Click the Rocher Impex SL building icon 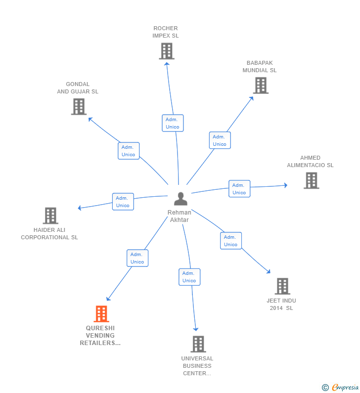pyautogui.click(x=167, y=51)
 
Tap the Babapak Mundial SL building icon pyautogui.click(x=261, y=86)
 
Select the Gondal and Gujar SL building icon pyautogui.click(x=79, y=106)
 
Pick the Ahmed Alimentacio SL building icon pyautogui.click(x=311, y=180)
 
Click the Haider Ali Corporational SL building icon pyautogui.click(x=50, y=216)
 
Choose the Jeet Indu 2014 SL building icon pyautogui.click(x=282, y=286)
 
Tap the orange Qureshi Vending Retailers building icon pyautogui.click(x=101, y=314)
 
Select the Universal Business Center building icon pyautogui.click(x=198, y=344)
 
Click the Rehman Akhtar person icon pyautogui.click(x=180, y=199)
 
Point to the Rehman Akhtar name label pyautogui.click(x=180, y=216)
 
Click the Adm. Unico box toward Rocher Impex pyautogui.click(x=173, y=123)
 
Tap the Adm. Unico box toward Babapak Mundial pyautogui.click(x=220, y=140)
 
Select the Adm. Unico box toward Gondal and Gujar pyautogui.click(x=129, y=151)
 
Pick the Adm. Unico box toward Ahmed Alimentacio pyautogui.click(x=239, y=189)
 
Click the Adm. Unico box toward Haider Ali pyautogui.click(x=123, y=202)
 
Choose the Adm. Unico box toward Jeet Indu pyautogui.click(x=230, y=241)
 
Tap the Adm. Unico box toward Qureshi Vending pyautogui.click(x=137, y=258)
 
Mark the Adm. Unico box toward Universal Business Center pyautogui.click(x=189, y=277)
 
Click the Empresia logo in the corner pyautogui.click(x=345, y=387)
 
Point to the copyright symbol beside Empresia pyautogui.click(x=325, y=388)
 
